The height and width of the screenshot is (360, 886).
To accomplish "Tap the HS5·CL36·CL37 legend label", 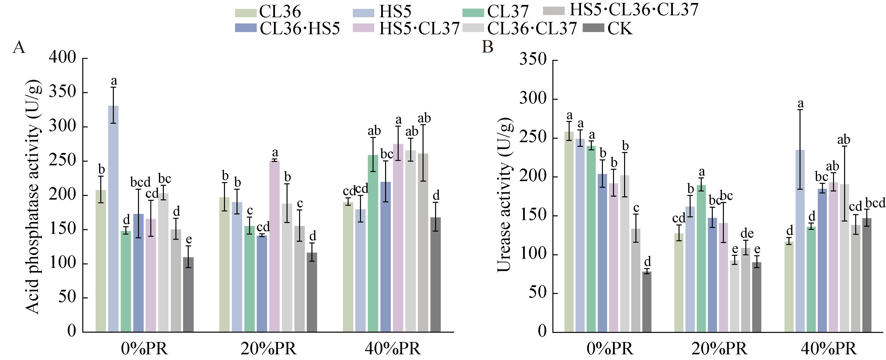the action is pyautogui.click(x=634, y=10).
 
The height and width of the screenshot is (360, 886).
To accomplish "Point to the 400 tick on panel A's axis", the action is pyautogui.click(x=62, y=57).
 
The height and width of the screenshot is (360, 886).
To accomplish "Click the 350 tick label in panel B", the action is pyautogui.click(x=533, y=59).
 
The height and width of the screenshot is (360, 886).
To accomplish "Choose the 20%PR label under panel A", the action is pyautogui.click(x=268, y=349).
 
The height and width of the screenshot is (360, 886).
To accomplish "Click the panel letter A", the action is pyautogui.click(x=19, y=47).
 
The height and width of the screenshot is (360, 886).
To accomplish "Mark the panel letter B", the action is pyautogui.click(x=488, y=47).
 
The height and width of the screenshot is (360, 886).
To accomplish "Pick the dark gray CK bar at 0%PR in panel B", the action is pyautogui.click(x=647, y=302).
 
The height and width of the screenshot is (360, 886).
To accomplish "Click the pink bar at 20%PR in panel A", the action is pyautogui.click(x=274, y=246).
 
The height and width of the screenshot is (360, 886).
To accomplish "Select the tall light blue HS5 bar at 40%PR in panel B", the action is pyautogui.click(x=800, y=241).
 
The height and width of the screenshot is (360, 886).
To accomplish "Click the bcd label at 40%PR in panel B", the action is pyautogui.click(x=875, y=203).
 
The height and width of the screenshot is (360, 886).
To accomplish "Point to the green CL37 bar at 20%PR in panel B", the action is pyautogui.click(x=701, y=258).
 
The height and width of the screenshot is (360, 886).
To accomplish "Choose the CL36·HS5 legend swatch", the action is pyautogui.click(x=246, y=28).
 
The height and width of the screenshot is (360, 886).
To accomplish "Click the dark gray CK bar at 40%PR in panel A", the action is pyautogui.click(x=435, y=275).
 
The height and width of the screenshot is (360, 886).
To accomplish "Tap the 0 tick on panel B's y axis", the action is pyautogui.click(x=542, y=331).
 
